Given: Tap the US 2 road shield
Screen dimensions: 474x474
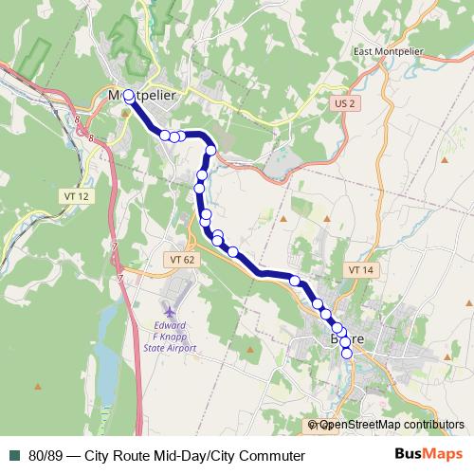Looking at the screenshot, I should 344,102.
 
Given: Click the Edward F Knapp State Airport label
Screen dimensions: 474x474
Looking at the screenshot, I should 169,335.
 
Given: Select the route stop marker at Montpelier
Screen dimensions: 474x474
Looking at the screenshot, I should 129,96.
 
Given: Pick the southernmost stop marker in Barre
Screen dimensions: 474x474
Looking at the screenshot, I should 346,354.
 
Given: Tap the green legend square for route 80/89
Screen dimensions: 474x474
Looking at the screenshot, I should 13,456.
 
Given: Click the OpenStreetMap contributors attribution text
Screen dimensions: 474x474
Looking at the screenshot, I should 392,426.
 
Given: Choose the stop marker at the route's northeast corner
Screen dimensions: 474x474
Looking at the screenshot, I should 210,150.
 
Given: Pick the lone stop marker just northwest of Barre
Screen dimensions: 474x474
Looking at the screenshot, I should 295,281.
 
